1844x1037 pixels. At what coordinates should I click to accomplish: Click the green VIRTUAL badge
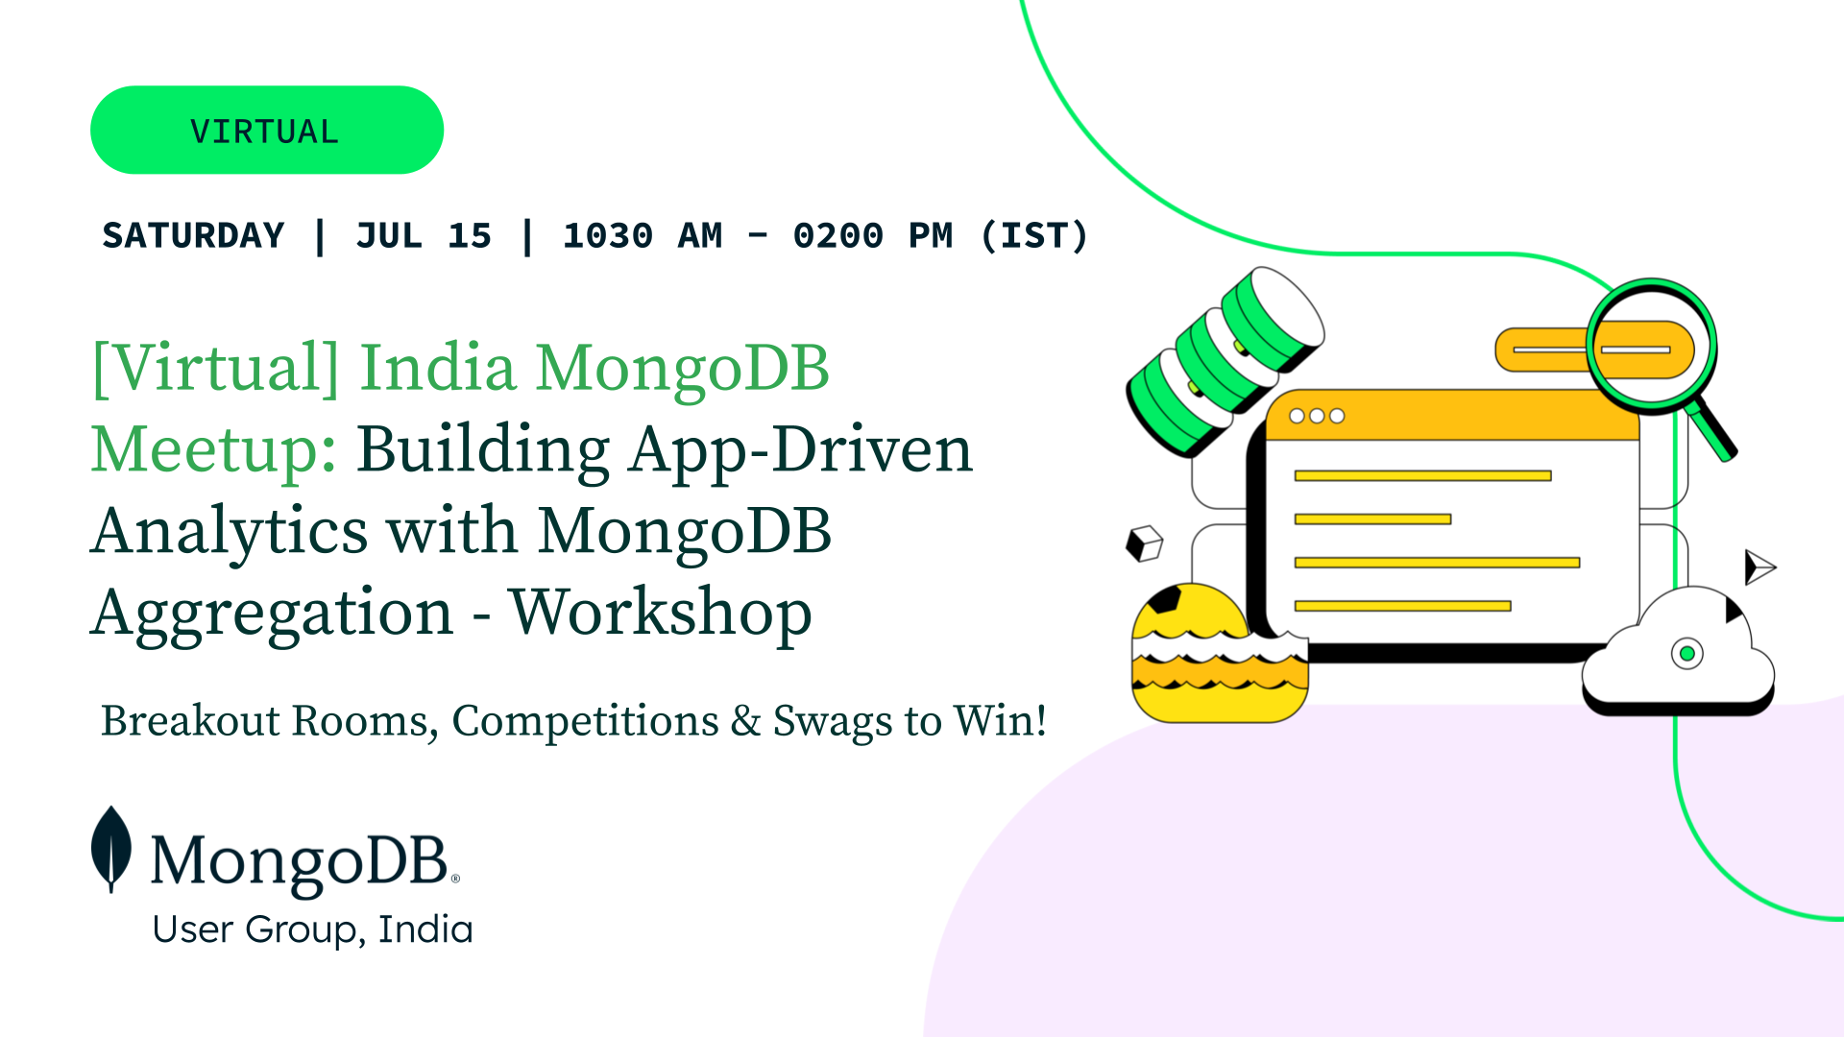267,130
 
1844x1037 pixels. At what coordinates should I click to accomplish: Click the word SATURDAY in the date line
193,235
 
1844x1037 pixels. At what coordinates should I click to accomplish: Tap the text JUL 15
424,235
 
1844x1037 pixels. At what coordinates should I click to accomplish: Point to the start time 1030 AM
643,235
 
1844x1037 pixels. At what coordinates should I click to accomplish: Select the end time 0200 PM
873,235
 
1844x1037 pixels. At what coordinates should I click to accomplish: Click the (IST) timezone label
1034,235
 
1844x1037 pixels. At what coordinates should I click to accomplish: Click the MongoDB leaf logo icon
111,850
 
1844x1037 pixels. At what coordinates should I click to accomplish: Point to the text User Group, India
313,929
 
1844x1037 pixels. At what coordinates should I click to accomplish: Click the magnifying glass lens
1651,347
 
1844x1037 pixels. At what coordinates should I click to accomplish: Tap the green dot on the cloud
1687,654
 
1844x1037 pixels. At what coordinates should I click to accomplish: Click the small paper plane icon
1759,567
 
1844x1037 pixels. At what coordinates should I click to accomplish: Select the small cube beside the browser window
1144,543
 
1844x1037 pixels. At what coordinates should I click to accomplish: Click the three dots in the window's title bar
1317,416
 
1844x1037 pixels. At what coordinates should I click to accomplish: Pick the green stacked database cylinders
1225,361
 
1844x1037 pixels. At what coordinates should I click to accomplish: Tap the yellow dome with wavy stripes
1220,653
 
